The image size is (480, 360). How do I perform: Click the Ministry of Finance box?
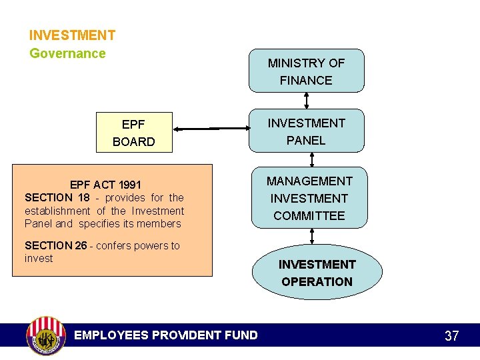coord(306,71)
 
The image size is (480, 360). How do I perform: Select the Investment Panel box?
coord(306,131)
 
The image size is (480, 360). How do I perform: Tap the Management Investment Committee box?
coord(309,197)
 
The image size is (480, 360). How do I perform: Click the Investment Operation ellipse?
coord(317,272)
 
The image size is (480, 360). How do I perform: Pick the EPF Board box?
coord(134,132)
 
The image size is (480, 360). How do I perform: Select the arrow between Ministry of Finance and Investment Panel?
coord(306,100)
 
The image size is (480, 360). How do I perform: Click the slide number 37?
coord(451,336)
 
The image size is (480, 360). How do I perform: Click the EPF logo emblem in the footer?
coord(45,335)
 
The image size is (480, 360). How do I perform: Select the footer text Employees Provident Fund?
coord(165,335)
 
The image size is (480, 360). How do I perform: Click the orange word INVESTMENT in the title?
coord(72,35)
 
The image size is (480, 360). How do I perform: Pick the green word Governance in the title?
coord(67,53)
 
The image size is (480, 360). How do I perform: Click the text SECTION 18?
coord(57,197)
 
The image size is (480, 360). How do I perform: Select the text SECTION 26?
coord(56,245)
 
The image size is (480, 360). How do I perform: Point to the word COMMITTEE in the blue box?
coord(309,215)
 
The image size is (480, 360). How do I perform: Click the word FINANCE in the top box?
coord(306,80)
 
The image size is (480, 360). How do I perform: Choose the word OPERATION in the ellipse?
coord(317,281)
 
